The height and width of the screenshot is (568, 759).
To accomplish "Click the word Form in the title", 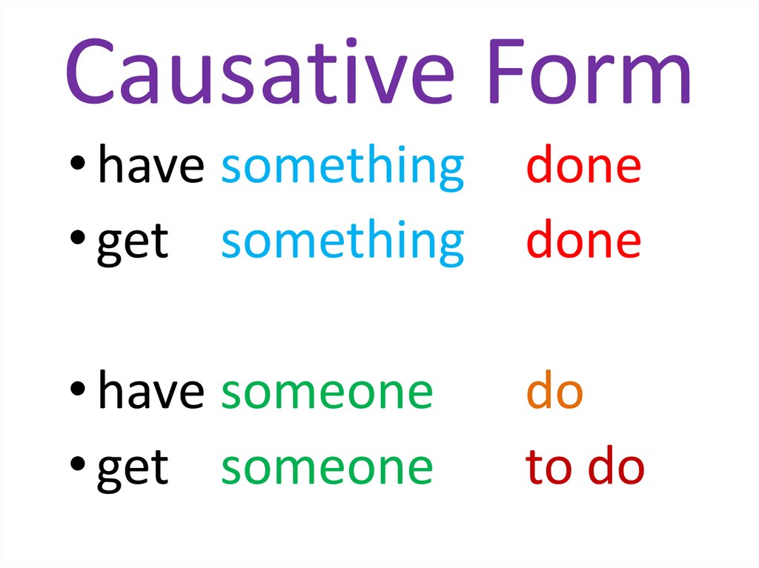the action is click(589, 71).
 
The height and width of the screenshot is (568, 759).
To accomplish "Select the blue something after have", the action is click(342, 167).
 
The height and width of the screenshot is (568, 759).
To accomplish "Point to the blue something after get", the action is click(342, 243).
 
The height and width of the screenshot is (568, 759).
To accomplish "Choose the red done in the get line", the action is click(584, 238).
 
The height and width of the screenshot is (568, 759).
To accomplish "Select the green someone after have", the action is click(327, 393).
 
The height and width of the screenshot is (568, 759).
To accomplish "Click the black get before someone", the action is click(133, 470).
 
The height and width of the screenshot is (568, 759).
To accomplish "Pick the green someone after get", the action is click(327, 469).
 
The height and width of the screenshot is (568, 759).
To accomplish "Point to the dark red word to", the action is click(549, 467).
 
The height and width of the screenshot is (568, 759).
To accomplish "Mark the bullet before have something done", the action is click(77, 163).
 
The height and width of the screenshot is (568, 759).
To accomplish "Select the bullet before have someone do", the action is click(77, 389).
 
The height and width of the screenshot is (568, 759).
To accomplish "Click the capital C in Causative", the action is click(90, 70).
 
